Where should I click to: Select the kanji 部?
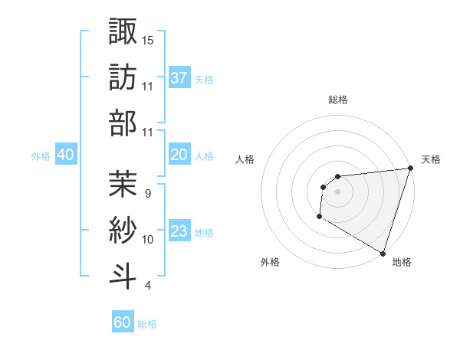pos(123,122)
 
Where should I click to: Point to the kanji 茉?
pos(123,183)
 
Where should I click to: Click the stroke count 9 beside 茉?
pos(147,193)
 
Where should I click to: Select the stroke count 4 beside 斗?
pos(147,286)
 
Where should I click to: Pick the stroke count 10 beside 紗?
pos(149,240)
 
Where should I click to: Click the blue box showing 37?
pos(179,77)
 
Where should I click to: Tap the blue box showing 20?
pos(179,155)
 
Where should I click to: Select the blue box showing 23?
pos(179,231)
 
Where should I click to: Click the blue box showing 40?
pos(65,155)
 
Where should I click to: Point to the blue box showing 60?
pos(123,322)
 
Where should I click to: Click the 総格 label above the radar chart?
pos(338,100)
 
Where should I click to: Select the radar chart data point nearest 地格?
pos(383,253)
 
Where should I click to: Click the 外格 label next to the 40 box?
pos(41,155)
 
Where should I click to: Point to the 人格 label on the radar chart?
pos(245,159)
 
